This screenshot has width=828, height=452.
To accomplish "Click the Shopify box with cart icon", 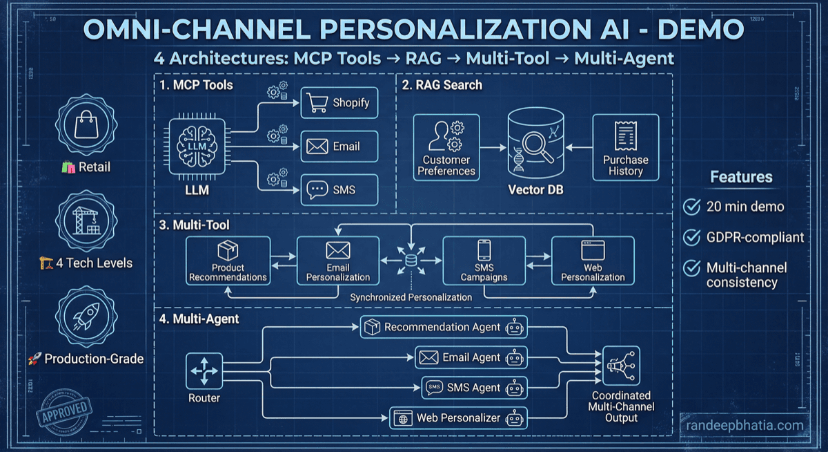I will [x=339, y=103].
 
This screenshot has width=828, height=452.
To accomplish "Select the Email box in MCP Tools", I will [x=339, y=147].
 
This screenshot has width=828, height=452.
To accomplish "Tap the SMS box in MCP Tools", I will [x=339, y=189].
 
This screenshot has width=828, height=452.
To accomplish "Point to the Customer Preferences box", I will [x=446, y=147].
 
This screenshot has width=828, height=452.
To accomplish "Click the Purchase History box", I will [x=626, y=147].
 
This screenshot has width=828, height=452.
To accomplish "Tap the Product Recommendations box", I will [x=228, y=260].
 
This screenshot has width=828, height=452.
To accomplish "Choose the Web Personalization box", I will [x=593, y=260].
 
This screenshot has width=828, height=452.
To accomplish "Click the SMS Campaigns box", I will [x=484, y=260].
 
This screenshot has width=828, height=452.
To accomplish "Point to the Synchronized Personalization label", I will [x=411, y=297].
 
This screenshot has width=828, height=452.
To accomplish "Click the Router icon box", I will [x=204, y=370].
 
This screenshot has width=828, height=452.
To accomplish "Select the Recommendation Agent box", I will [x=444, y=327].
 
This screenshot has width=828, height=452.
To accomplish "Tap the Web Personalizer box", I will [x=458, y=418].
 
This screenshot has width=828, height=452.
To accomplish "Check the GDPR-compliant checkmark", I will [x=691, y=237].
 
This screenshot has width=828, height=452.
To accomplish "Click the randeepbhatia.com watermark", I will [x=745, y=425].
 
